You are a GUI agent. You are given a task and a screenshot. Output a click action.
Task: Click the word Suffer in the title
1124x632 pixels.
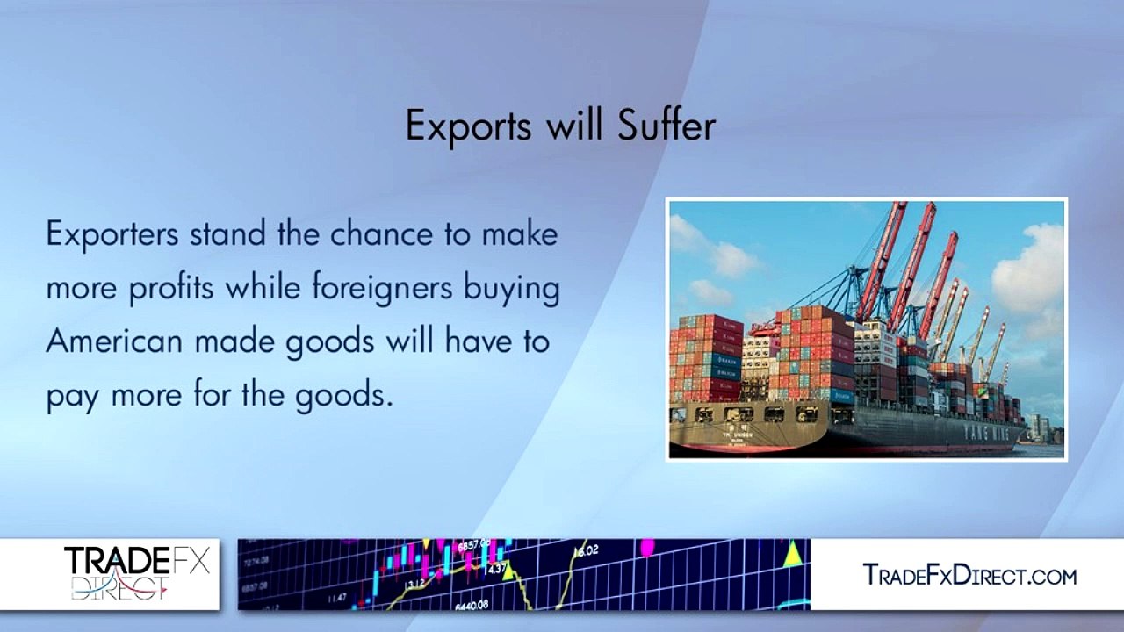(666, 126)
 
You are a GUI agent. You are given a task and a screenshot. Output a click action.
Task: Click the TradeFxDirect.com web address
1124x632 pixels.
(969, 575)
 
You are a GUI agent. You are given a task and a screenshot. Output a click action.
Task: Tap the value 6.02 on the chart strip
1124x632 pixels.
(586, 550)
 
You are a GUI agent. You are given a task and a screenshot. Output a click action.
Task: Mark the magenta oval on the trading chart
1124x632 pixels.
(648, 549)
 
